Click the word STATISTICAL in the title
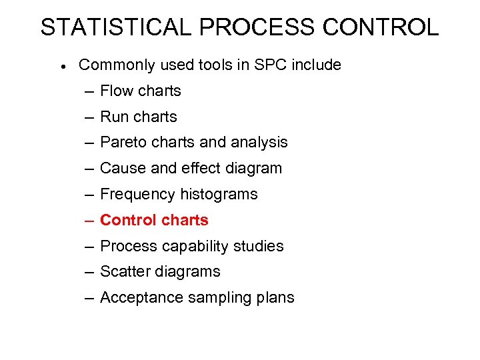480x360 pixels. tap(116, 27)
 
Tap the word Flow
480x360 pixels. tap(117, 91)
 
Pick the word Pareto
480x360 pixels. tap(123, 142)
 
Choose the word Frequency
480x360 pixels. tap(138, 195)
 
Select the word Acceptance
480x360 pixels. tap(141, 297)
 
